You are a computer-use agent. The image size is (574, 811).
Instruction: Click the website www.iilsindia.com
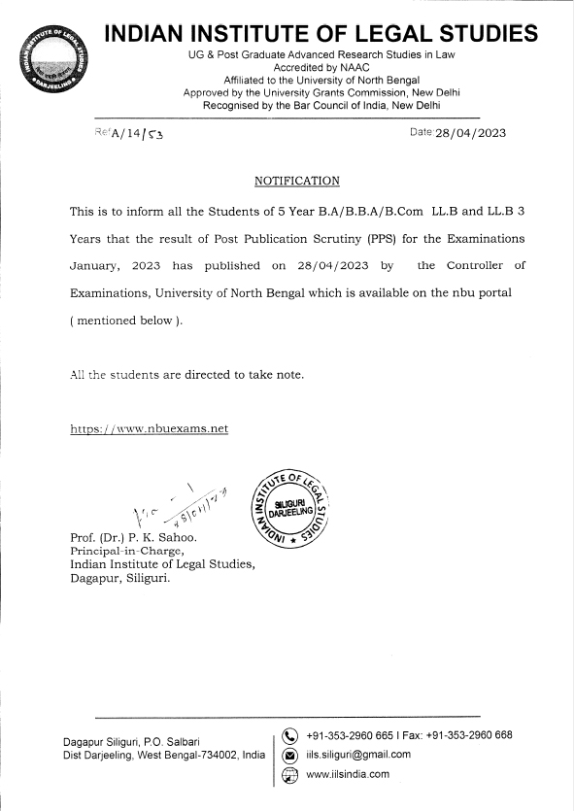(347, 774)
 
